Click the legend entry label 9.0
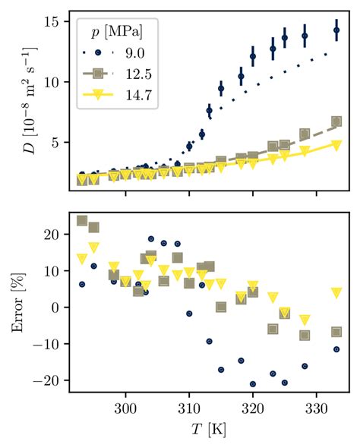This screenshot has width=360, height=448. [x=134, y=53]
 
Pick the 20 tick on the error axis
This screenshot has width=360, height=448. [x=54, y=235]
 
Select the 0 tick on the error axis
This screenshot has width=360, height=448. [x=58, y=308]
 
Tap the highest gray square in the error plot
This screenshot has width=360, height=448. [x=82, y=221]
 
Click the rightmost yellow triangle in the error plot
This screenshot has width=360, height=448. [x=336, y=293]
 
